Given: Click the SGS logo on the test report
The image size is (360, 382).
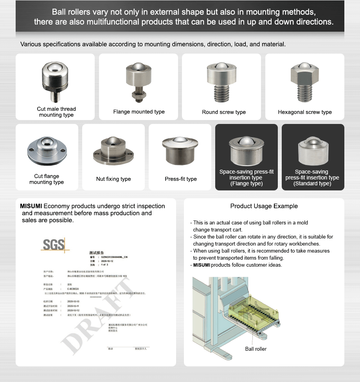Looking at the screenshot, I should click(54, 245).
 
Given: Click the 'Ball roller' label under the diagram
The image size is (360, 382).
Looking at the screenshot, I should click(256, 349).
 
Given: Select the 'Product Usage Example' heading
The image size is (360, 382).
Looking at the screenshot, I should click(264, 206).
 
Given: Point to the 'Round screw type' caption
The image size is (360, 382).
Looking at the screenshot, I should click(224, 112).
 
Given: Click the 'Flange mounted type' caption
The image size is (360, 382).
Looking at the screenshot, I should click(139, 112).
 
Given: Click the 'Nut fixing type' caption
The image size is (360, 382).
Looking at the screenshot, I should click(113, 179).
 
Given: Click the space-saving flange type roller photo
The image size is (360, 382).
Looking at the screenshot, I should click(246, 151).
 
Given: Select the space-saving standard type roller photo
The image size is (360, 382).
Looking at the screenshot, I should click(312, 151).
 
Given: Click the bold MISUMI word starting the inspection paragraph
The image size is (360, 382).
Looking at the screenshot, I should click(31, 206).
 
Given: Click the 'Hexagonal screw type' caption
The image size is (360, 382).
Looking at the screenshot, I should click(305, 112).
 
